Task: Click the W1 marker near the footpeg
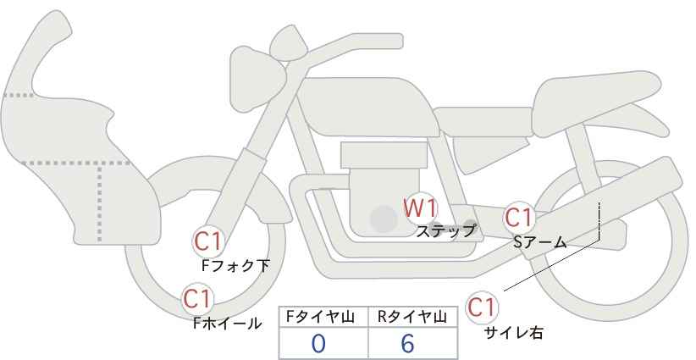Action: click(418, 208)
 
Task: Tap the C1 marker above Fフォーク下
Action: click(207, 242)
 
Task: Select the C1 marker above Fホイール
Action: click(197, 298)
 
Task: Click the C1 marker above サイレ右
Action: click(482, 307)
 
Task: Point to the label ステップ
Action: click(445, 230)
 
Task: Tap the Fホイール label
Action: click(227, 322)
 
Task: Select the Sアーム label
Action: click(539, 242)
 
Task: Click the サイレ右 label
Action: click(513, 333)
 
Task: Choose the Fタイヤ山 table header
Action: click(323, 316)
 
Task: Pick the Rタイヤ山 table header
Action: click(412, 316)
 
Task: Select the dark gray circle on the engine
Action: click(384, 220)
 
